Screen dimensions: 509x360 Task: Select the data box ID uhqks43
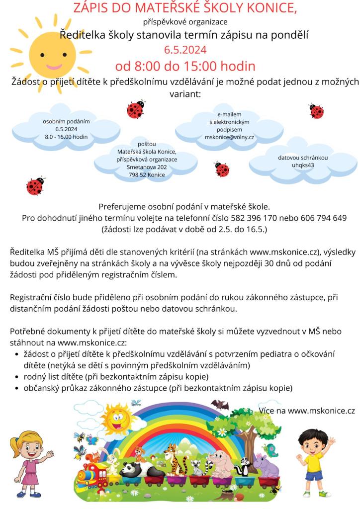[303, 166]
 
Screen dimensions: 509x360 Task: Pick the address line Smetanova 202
[147, 168]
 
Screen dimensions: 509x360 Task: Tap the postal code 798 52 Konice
[147, 175]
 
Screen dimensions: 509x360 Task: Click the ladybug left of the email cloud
[135, 109]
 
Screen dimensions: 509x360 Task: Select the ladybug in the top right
[316, 110]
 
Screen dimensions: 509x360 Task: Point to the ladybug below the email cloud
[222, 170]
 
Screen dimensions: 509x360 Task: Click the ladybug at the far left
[35, 185]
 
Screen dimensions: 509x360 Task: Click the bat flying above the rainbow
[219, 406]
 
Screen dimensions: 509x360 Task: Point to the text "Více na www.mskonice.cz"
[307, 411]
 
